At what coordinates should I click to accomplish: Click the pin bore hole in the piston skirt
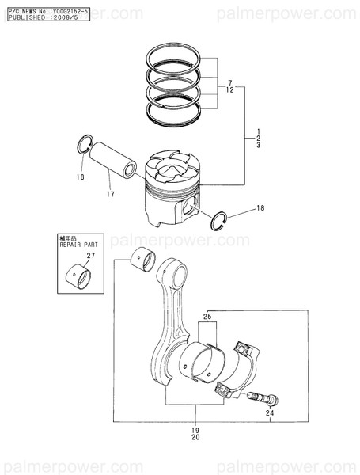coord(187,208)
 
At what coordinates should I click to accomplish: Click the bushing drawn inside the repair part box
coord(78,277)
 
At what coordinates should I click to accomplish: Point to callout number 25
coord(207,317)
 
